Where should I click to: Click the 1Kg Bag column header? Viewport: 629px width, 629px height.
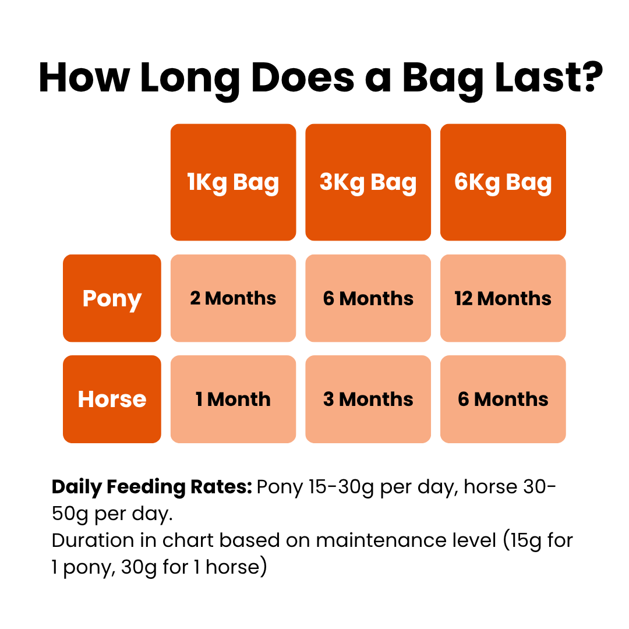pos(233,182)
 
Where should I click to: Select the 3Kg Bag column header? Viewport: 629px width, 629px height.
pos(368,182)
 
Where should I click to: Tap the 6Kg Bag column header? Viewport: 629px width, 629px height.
pos(503,182)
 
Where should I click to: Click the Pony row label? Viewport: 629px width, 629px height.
pos(112,298)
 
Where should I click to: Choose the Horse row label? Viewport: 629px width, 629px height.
pos(112,399)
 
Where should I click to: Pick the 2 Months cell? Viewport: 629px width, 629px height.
pos(233,298)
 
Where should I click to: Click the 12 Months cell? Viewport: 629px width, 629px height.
pos(503,298)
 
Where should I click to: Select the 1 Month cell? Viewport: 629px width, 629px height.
pos(233,399)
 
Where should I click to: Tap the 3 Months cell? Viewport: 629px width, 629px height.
pos(368,399)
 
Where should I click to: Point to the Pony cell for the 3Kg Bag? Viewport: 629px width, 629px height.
pos(368,298)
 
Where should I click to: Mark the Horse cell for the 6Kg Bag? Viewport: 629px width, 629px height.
pos(503,399)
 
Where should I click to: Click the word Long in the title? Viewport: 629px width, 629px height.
pos(189,80)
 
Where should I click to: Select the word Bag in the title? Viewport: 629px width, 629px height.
pos(443,80)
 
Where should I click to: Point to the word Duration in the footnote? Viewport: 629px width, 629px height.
pos(93,540)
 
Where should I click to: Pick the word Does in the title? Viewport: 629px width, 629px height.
pos(303,77)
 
